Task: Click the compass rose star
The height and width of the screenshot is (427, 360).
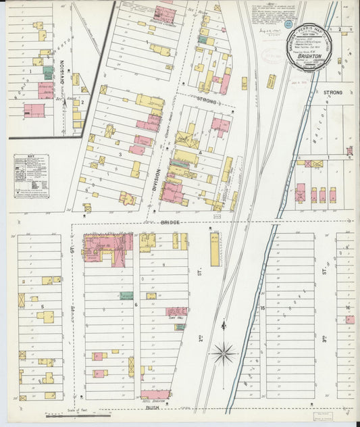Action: (224, 352)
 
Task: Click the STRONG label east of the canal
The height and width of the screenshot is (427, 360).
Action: (332, 92)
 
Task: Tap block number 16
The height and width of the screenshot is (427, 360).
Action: (347, 308)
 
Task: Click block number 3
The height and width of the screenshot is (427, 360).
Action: (120, 155)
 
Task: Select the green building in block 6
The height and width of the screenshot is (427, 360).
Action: (126, 295)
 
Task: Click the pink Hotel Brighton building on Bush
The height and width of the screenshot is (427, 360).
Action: (155, 394)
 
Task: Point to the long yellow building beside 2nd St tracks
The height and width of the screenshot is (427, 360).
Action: (215, 249)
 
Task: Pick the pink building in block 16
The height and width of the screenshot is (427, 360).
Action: (350, 320)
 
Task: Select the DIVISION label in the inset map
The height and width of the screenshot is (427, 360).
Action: (62, 74)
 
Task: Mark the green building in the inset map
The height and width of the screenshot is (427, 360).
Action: (48, 70)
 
